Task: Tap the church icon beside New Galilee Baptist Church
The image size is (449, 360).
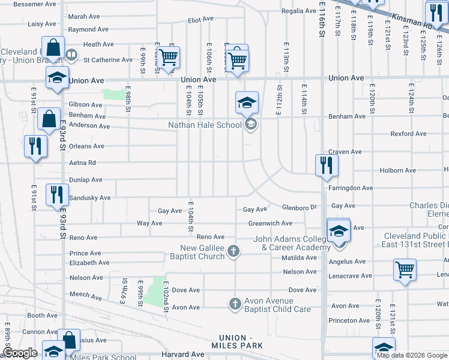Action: [x=234, y=252]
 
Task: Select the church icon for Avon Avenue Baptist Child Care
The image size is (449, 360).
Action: [x=234, y=305]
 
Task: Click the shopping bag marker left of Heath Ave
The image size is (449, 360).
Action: [x=53, y=48]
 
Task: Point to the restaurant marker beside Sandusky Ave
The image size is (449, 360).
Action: [x=57, y=194]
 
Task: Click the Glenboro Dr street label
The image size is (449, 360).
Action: [x=299, y=208]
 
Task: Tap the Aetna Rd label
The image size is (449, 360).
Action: [x=83, y=163]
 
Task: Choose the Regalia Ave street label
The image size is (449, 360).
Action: [x=299, y=11]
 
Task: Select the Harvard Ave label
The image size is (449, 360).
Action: [x=182, y=355]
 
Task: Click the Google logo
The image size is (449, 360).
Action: [x=20, y=353]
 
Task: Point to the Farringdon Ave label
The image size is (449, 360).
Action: [x=351, y=188]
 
